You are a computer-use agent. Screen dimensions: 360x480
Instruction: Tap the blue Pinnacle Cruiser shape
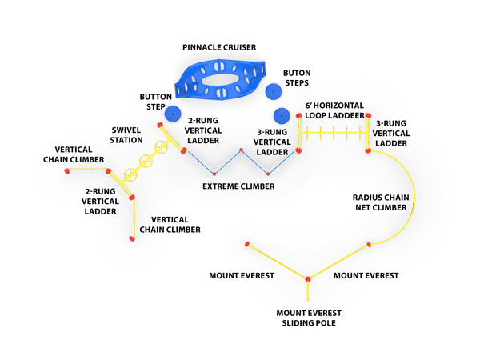[x=222, y=81]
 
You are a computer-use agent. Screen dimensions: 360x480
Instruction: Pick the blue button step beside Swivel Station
[x=172, y=115]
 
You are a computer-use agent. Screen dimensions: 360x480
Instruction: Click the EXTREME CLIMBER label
[x=238, y=186]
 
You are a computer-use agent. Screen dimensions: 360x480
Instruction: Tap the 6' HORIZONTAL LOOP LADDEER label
[x=334, y=110]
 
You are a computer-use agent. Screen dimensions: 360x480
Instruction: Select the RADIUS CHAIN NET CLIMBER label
[x=380, y=202]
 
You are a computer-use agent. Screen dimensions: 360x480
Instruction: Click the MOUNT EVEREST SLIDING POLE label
[x=307, y=318]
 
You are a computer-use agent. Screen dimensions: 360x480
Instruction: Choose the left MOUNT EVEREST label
[x=242, y=276]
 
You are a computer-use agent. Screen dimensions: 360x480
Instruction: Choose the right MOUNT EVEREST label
[x=366, y=276]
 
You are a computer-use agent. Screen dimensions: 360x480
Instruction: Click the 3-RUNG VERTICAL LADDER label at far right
[x=393, y=133]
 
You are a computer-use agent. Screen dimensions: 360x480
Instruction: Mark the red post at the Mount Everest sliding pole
[x=307, y=279]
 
